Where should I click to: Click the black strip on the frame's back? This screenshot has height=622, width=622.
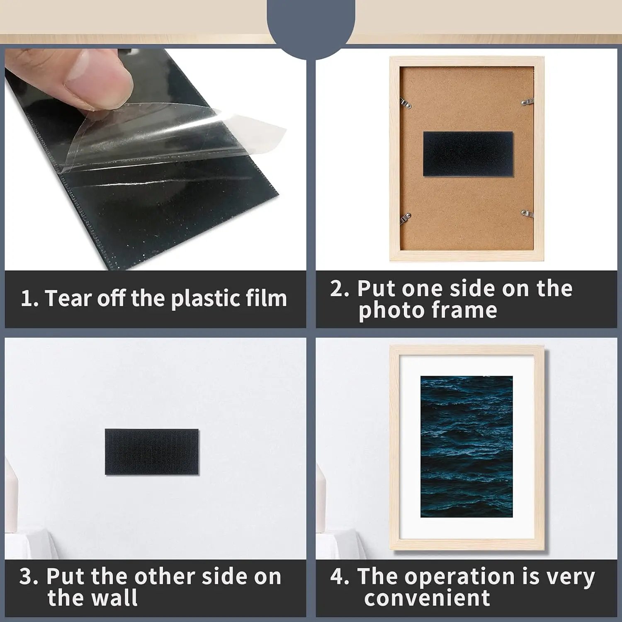468,154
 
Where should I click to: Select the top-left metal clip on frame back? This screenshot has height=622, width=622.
406,103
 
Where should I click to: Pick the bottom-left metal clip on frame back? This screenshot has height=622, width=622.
405,218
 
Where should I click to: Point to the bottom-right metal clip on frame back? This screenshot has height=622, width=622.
527,214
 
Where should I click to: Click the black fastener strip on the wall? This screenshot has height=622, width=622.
152,452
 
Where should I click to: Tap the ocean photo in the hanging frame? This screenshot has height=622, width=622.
466,447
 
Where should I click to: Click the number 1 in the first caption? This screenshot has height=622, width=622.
27,299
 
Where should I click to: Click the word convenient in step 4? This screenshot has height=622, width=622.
427,598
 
